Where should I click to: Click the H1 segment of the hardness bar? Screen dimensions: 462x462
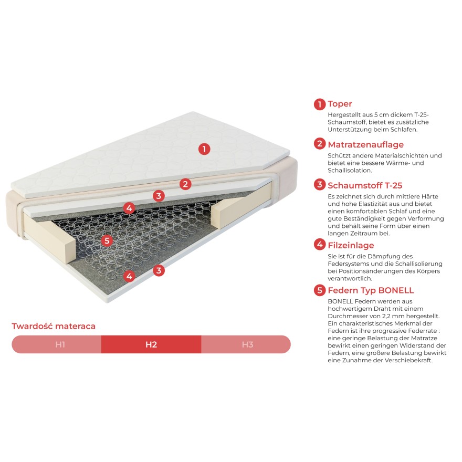57,344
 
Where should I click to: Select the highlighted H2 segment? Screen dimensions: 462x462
151,344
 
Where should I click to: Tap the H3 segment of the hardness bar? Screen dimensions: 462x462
246,344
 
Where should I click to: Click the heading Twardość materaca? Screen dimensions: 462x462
54,326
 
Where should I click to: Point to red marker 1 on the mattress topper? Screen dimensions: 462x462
204,149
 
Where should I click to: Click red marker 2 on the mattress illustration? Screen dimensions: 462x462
185,184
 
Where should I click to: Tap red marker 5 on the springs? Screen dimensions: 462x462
107,240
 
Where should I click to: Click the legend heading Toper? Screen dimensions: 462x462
340,104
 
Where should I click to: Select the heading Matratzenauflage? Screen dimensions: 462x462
365,144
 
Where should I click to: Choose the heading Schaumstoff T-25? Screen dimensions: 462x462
365,185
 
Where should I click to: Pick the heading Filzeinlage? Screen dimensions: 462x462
351,245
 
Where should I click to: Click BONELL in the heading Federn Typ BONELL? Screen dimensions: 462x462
396,290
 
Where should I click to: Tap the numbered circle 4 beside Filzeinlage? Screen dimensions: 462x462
320,245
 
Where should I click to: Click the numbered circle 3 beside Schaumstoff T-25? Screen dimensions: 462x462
320,185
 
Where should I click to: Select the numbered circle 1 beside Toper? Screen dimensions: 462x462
320,104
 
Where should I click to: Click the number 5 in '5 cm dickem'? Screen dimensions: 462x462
376,114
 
